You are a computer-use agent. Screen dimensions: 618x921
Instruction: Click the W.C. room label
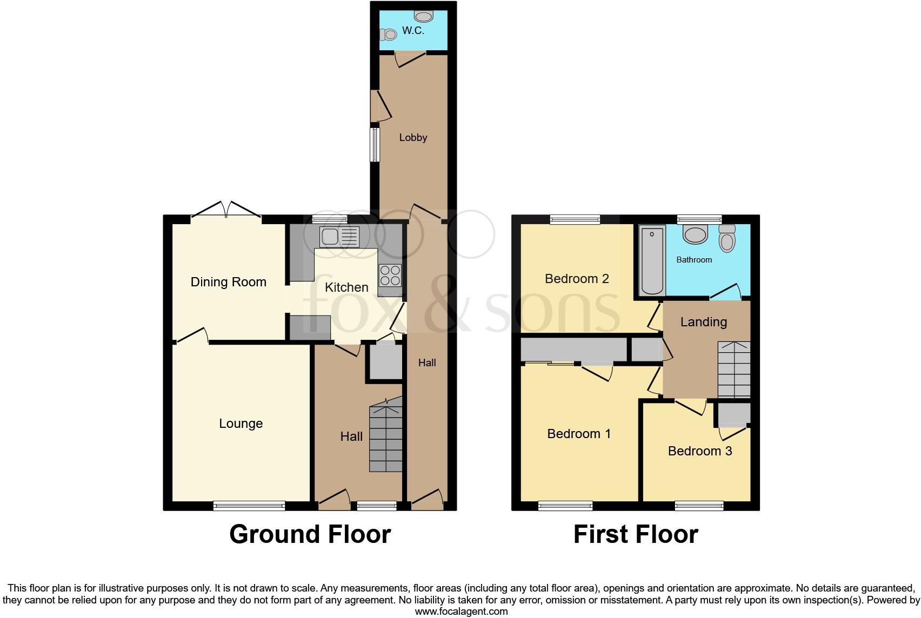(x=413, y=31)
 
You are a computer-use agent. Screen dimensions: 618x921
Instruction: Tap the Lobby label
(x=413, y=138)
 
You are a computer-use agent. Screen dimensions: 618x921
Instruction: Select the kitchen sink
(x=339, y=237)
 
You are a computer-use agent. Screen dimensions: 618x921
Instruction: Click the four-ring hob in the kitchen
(x=390, y=276)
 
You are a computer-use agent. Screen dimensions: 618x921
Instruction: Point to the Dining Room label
(x=228, y=282)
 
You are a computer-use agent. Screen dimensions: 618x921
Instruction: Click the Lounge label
(x=241, y=424)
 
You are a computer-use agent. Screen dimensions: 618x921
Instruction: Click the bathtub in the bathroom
(x=652, y=260)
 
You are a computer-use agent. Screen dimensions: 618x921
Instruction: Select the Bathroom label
(x=694, y=260)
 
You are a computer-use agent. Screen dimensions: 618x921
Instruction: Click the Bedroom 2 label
(x=577, y=279)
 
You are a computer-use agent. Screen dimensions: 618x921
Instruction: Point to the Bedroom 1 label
(x=579, y=434)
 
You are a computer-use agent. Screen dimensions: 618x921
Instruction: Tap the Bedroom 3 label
(x=700, y=451)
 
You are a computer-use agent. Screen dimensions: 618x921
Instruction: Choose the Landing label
(x=703, y=322)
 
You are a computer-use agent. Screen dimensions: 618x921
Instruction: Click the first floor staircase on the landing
(x=734, y=371)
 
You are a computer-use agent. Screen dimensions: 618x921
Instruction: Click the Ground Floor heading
(x=310, y=534)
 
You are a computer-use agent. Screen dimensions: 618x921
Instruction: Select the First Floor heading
(x=636, y=534)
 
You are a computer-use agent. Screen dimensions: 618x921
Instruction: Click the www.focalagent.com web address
(x=461, y=612)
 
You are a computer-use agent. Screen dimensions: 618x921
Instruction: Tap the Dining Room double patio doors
(x=226, y=211)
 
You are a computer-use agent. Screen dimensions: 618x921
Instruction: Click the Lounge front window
(x=249, y=506)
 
